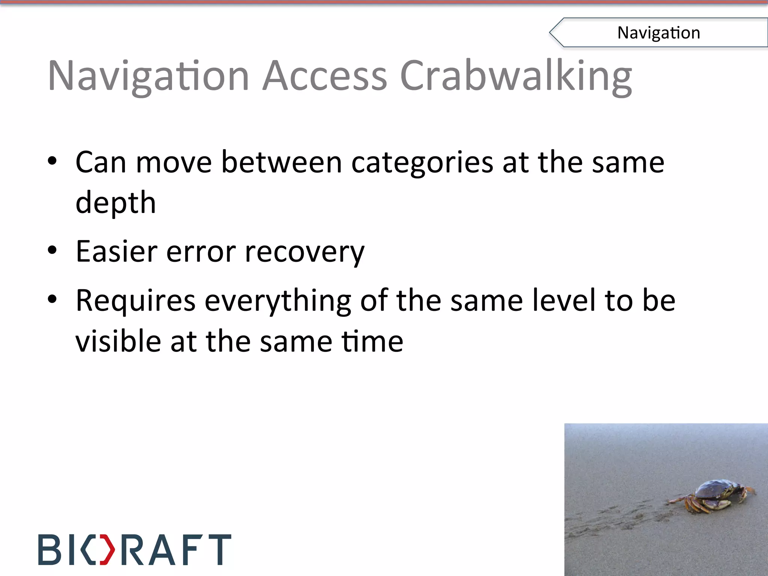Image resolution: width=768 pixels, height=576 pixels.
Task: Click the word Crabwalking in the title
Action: pyautogui.click(x=516, y=76)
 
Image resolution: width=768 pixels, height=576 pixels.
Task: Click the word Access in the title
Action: pyautogui.click(x=324, y=76)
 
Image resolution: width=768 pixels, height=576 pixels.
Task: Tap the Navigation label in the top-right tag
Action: pyautogui.click(x=658, y=33)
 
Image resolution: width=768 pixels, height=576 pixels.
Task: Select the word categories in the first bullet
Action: pyautogui.click(x=422, y=163)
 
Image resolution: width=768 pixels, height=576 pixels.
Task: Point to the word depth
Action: pyautogui.click(x=115, y=203)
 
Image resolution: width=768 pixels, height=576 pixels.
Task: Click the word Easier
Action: pyautogui.click(x=116, y=251)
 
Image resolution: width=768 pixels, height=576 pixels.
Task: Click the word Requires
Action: pyautogui.click(x=135, y=301)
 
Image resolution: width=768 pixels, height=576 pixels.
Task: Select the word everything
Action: pyautogui.click(x=277, y=301)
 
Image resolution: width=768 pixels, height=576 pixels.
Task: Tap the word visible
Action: pyautogui.click(x=118, y=341)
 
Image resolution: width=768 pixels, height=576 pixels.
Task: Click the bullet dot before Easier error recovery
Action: pyautogui.click(x=52, y=250)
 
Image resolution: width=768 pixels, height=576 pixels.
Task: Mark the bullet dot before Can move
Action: pyautogui.click(x=52, y=161)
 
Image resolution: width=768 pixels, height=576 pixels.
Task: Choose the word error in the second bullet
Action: pyautogui.click(x=201, y=252)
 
